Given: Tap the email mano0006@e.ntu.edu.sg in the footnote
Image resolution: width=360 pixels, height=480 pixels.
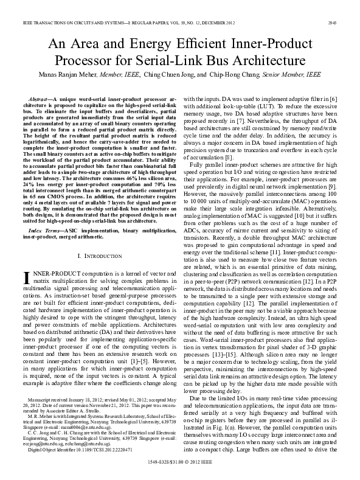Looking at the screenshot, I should click(63, 421).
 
